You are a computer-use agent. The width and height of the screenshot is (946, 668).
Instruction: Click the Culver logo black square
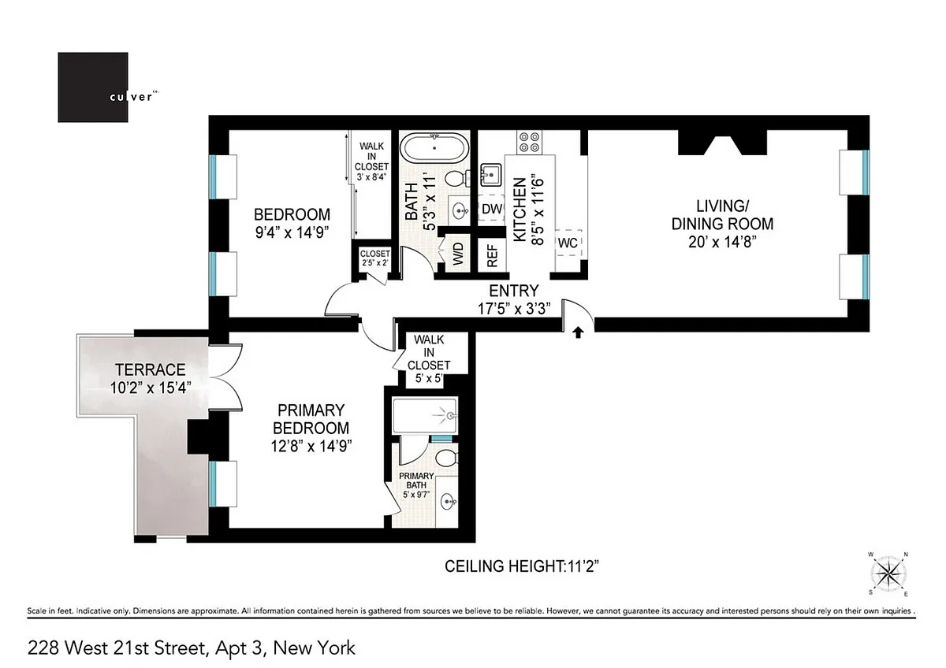point(93,87)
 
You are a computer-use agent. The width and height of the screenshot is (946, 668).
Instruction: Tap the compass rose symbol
point(889,574)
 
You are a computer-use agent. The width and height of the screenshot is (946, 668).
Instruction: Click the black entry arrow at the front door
point(578,332)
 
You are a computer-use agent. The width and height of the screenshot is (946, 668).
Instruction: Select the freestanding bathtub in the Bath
point(434,147)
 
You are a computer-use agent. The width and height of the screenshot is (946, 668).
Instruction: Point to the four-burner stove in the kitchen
point(530,143)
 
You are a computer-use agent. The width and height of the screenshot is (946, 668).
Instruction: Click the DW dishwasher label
point(492,209)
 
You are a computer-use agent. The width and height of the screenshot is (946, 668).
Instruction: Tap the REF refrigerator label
point(493,256)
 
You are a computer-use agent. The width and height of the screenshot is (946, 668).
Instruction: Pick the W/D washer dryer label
point(458,254)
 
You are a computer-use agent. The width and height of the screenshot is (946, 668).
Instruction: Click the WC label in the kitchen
point(568,243)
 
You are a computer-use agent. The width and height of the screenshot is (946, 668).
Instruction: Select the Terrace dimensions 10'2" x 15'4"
point(151,388)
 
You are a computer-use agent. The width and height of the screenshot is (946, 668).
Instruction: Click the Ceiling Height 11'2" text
point(522,566)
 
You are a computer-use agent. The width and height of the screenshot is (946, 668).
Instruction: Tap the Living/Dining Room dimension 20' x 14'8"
point(722,242)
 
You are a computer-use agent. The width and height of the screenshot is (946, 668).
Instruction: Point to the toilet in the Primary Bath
point(447,458)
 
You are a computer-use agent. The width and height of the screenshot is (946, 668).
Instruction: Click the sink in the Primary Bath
point(449,502)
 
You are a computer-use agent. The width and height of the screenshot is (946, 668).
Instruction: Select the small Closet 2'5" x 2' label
point(374,258)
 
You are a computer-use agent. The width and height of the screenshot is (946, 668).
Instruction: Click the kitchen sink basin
point(491,175)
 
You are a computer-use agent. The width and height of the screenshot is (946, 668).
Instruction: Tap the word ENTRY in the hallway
point(513,291)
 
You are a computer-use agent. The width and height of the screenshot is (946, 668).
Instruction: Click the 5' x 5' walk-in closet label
point(429,378)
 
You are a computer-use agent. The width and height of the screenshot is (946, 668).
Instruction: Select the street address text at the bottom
point(192,648)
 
